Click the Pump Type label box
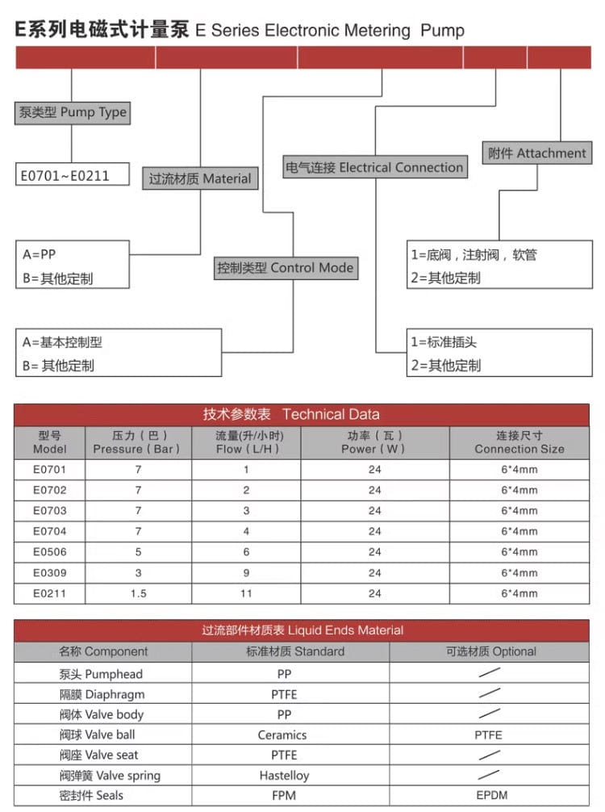72,112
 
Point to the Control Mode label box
285,268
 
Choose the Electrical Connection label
375,168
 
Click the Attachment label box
536,153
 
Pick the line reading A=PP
40,254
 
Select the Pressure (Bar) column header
136,442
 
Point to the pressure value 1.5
138,593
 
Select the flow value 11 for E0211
246,593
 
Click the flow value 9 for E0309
246,573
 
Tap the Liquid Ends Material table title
302,630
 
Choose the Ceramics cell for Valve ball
282,735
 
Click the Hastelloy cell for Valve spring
284,776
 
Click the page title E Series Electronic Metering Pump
240,31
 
